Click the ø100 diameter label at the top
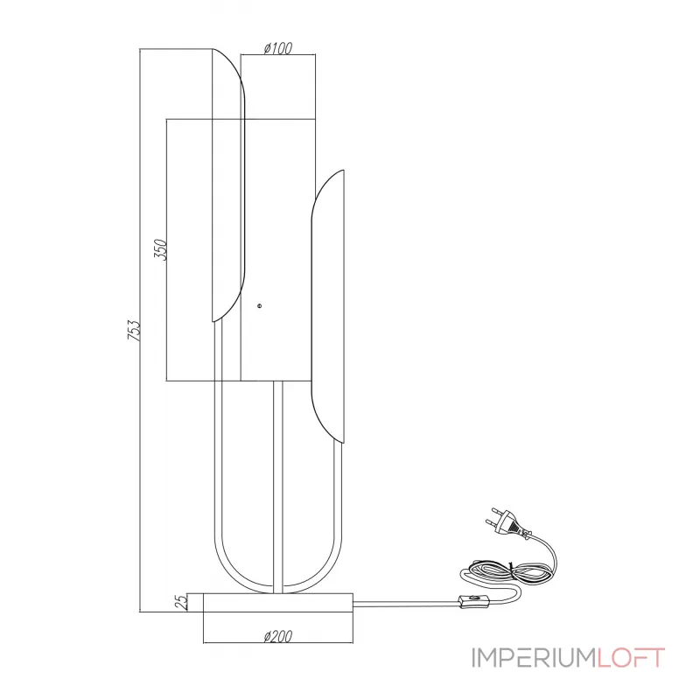point(277,50)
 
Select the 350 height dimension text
point(159,251)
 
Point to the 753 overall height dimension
point(133,330)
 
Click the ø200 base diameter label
point(276,637)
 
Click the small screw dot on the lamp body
point(259,305)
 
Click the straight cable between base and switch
point(407,602)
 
